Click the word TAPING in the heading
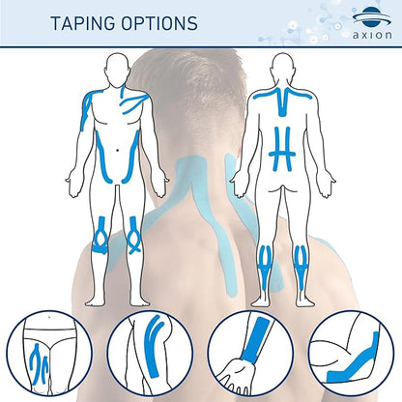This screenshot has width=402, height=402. [83, 23]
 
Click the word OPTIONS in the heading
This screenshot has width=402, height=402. [159, 23]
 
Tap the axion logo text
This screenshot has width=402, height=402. [372, 35]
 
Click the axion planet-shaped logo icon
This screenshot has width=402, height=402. [372, 16]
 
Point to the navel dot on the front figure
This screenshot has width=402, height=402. [117, 150]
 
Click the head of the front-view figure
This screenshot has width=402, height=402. [116, 67]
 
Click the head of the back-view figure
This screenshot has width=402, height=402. [282, 67]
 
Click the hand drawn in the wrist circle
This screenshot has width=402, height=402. [235, 376]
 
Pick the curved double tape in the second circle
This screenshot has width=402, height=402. [154, 346]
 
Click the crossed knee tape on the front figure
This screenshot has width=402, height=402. [133, 236]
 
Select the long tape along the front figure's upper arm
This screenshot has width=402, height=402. [86, 109]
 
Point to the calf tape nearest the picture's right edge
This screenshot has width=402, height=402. [301, 268]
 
